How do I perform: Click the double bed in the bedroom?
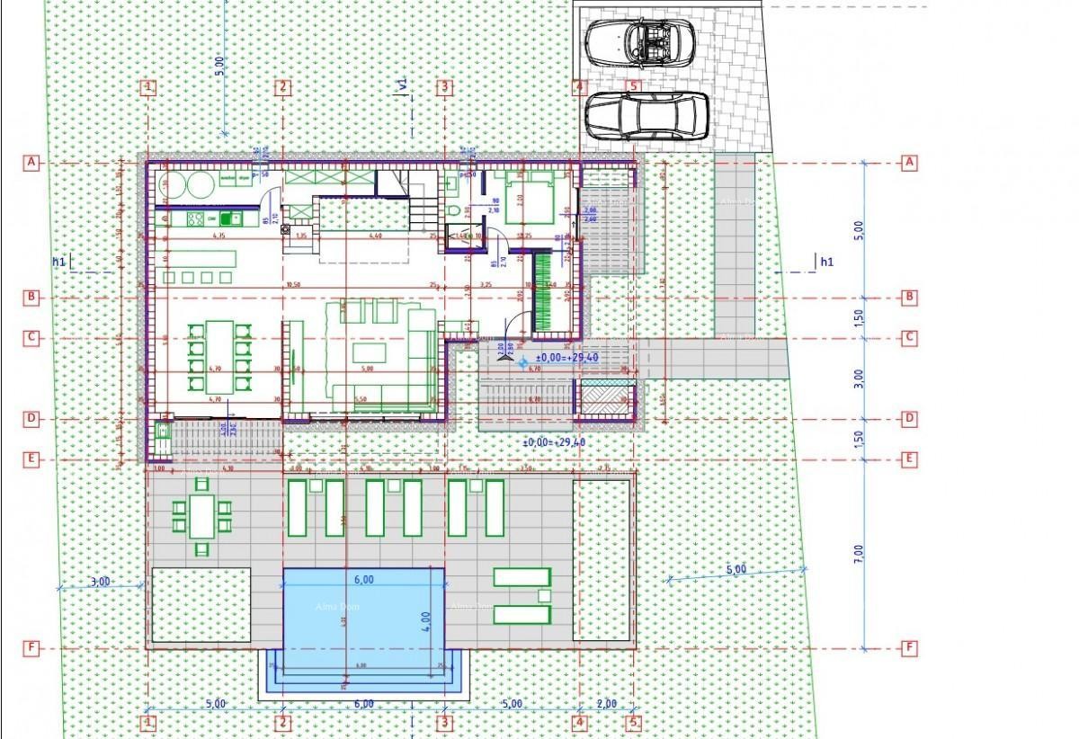coord(529,199)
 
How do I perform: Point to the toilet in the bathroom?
coord(454,209)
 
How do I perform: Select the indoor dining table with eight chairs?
coord(217,355)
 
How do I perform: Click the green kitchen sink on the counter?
coord(227,218)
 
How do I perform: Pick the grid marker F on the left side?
coord(31,647)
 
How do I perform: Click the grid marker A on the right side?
coord(909,162)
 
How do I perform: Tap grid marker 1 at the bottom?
coord(148,721)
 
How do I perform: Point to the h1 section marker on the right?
coord(825,262)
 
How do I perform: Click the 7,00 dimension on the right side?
coord(858,553)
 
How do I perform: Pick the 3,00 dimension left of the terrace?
coord(101,581)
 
